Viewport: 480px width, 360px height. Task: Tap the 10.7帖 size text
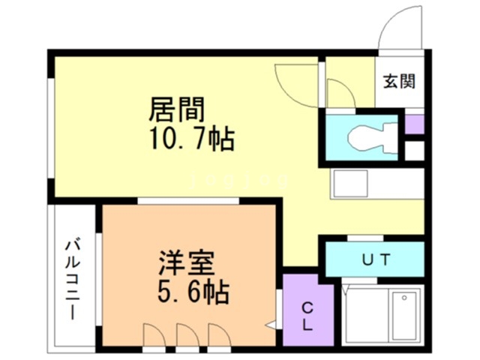coord(192,139)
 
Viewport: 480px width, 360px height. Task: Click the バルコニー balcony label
coord(73,278)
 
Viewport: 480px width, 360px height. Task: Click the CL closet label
coord(307,315)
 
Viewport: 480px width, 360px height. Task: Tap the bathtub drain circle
coord(404,298)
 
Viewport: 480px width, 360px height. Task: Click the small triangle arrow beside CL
coord(271,326)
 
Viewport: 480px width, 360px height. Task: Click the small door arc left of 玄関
coord(338,94)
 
